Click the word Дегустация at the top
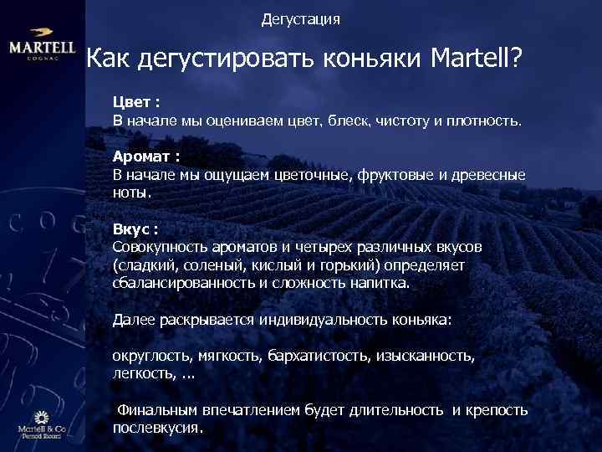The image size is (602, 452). tap(300, 18)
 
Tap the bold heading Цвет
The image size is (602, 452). tap(132, 102)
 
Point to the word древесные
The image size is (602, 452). tap(491, 175)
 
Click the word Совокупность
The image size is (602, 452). tap(154, 248)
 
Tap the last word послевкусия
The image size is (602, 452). tap(157, 427)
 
